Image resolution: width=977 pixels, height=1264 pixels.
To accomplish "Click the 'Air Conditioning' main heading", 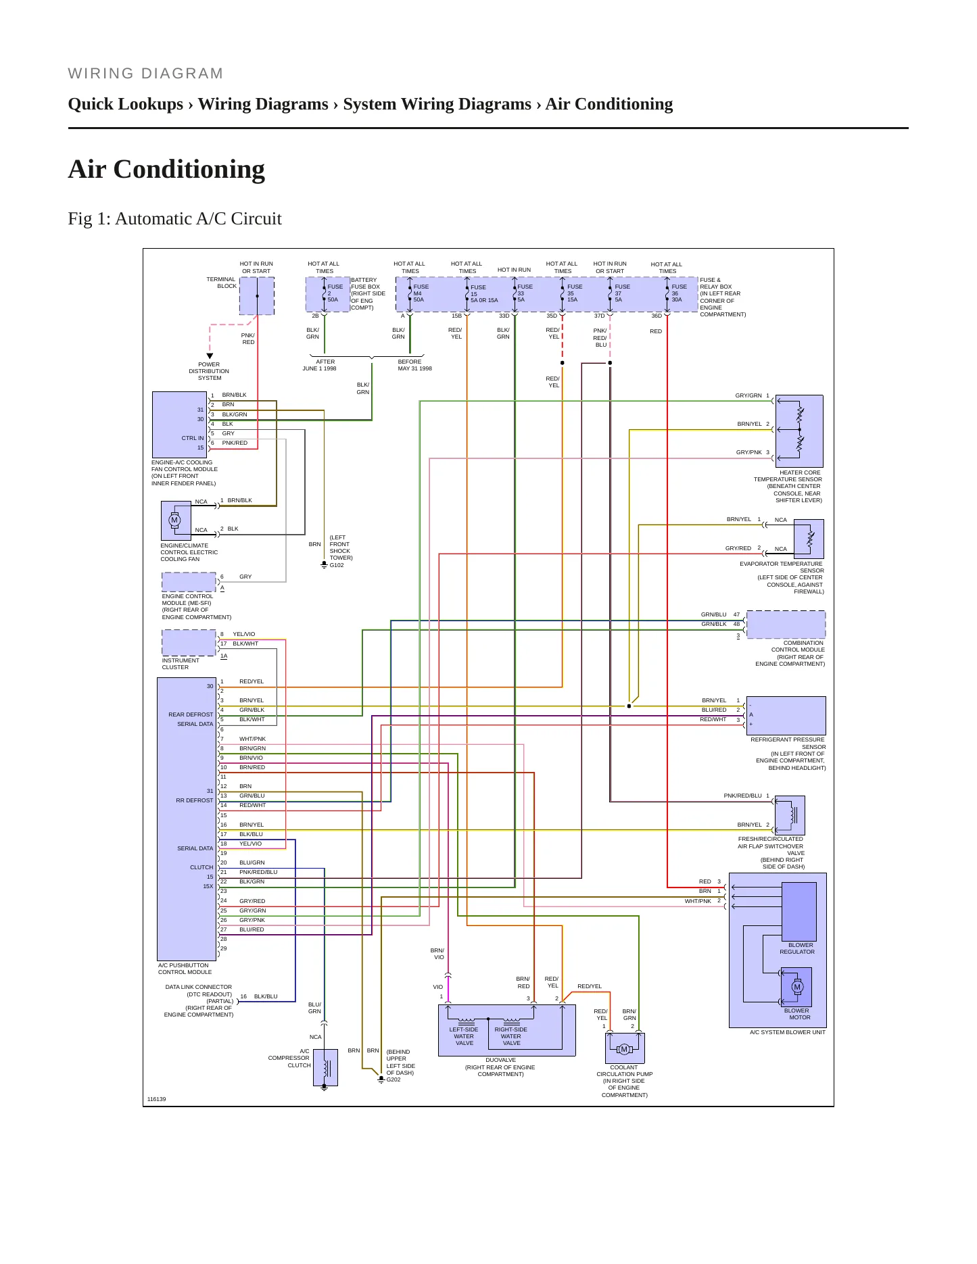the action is click(x=166, y=169).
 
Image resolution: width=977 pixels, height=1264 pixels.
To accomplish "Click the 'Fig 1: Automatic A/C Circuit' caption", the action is click(x=174, y=218).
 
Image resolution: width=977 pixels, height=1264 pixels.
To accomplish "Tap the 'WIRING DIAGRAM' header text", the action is click(x=145, y=73).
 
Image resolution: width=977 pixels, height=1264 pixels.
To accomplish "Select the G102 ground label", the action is click(x=337, y=565).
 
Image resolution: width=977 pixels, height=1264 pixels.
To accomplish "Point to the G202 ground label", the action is click(x=394, y=1079).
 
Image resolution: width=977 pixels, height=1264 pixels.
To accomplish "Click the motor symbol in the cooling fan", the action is click(x=174, y=520).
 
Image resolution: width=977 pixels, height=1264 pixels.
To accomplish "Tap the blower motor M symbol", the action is click(x=797, y=987).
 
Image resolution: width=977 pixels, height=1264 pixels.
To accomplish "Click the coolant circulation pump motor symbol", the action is click(x=624, y=1049).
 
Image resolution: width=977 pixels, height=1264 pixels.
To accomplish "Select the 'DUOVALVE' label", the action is click(x=501, y=1060).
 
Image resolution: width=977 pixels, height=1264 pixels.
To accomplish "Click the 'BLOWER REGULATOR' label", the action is click(x=798, y=948).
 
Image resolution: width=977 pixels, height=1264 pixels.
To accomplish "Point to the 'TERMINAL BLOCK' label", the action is click(x=221, y=283).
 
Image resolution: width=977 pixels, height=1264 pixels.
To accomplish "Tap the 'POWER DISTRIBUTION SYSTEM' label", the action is click(x=209, y=371).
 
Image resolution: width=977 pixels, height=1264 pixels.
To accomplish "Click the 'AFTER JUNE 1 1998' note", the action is click(x=319, y=365).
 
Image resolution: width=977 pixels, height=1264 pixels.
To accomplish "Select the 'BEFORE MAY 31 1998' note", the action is click(x=414, y=365).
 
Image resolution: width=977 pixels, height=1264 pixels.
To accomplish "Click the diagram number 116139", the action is click(x=156, y=1099).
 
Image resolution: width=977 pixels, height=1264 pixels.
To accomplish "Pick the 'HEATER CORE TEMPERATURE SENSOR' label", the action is click(x=788, y=476).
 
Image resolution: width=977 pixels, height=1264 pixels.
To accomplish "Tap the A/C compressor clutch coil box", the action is click(x=325, y=1068).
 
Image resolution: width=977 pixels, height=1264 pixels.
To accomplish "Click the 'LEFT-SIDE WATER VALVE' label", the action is click(x=464, y=1036).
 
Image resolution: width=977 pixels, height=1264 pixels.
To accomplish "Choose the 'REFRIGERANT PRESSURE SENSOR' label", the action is click(x=788, y=743).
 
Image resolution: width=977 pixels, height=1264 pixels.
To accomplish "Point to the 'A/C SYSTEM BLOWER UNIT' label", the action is click(x=788, y=1032).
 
